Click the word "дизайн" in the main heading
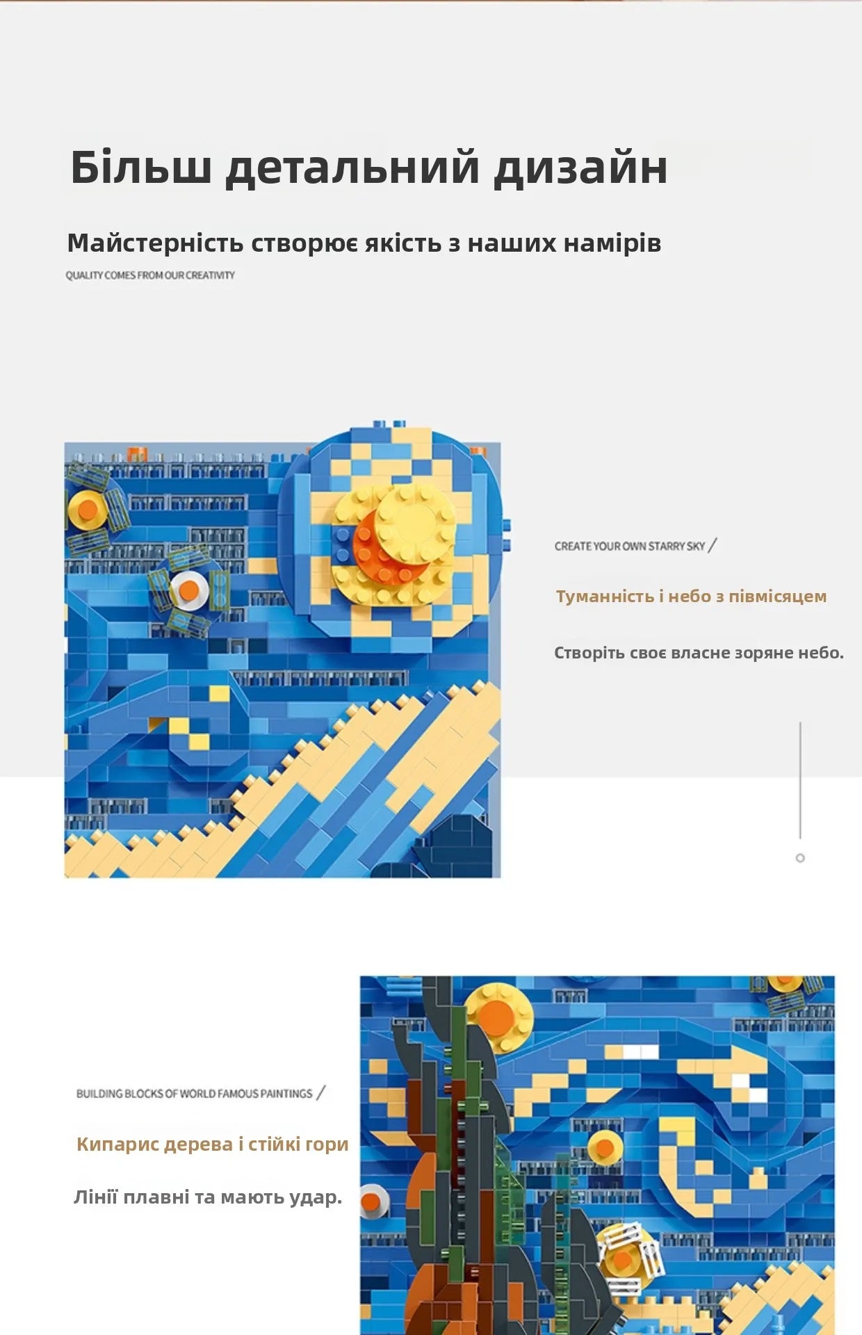580,168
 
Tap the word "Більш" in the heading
140,166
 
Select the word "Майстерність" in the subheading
155,243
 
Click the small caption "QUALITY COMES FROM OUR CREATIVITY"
150,275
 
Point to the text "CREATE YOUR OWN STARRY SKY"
630,547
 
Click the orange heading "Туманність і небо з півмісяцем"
691,597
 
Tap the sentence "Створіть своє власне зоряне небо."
699,653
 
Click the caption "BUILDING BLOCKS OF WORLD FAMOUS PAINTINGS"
194,1094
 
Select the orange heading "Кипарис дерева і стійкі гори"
212,1144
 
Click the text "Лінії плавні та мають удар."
208,1197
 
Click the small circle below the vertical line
800,858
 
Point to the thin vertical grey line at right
800,780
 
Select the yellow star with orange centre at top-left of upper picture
88,510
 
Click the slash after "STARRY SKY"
712,546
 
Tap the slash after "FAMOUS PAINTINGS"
320,1093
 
